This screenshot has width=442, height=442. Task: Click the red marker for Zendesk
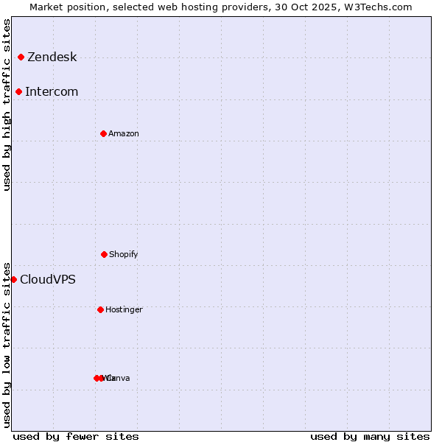coord(21,57)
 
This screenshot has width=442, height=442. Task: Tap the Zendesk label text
coord(52,57)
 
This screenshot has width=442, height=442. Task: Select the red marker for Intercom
coord(18,91)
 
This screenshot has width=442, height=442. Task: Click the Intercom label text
coord(52,92)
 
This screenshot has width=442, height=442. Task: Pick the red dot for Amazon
coord(103,133)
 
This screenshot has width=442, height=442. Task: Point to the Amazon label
coord(124,134)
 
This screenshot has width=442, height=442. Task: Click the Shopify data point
coord(104,254)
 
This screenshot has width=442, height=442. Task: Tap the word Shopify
coord(124,255)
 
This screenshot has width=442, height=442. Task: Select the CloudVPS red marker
coord(13,279)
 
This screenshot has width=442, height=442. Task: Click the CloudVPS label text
coord(48,280)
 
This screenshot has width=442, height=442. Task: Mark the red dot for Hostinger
coord(100,309)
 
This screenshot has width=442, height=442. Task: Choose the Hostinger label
coord(124,310)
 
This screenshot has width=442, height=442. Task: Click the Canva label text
coord(119,379)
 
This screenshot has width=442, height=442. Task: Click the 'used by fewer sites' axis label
coord(76,436)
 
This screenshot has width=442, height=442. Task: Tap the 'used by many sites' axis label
coord(370,436)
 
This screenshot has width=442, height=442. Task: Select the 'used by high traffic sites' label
coord(7,105)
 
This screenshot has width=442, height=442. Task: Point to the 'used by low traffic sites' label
coord(7,345)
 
